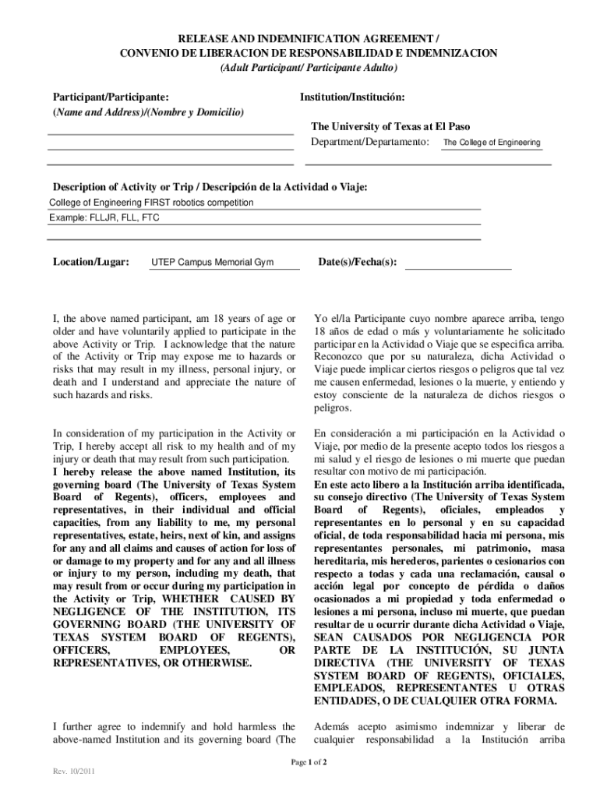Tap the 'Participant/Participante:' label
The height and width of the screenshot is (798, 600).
pos(110,97)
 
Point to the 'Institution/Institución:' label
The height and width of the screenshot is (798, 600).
pos(352,97)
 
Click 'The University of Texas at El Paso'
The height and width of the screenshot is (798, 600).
pos(390,126)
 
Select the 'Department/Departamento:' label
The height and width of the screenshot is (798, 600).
pos(370,143)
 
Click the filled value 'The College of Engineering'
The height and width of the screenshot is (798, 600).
pos(492,143)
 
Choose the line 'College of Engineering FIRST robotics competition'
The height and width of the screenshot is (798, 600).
pos(151,203)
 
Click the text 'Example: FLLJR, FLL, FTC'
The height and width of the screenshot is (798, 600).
pos(104,218)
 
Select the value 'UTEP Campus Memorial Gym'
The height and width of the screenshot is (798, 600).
pos(212,263)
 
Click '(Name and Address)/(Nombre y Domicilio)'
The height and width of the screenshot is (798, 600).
pos(147,112)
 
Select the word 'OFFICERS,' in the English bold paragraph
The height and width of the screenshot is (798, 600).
pos(81,650)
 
